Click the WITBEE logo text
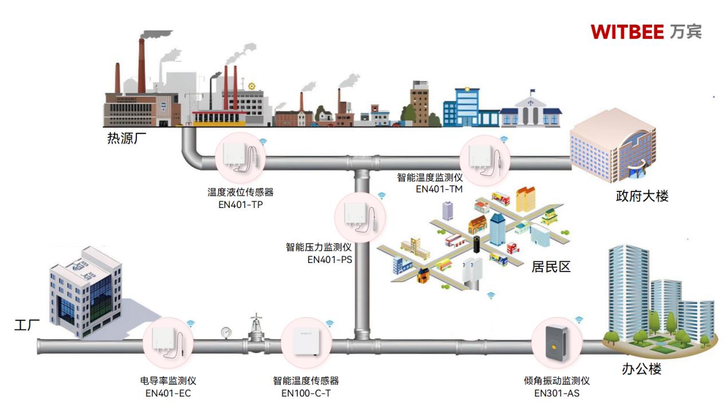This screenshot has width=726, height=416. pos(627,32)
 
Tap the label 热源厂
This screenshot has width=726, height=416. pos(123,139)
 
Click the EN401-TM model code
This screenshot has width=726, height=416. pos(439,189)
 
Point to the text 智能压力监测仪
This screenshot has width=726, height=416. pos(319,248)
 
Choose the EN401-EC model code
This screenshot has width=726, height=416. pos(168,393)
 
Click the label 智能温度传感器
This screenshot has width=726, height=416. pos(305,380)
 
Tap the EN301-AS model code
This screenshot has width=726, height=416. pos(557,393)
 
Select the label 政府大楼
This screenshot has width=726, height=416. pos(642,196)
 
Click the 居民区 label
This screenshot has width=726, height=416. pos(551,266)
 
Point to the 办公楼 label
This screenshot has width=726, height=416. pos(642,369)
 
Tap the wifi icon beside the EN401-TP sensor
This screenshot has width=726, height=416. pos(263,140)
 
